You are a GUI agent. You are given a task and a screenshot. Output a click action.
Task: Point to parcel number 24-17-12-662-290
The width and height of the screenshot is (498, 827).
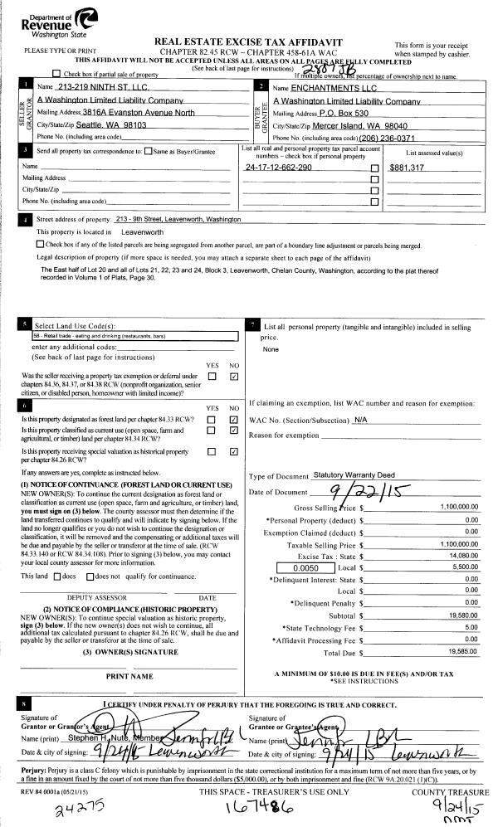coord(279,168)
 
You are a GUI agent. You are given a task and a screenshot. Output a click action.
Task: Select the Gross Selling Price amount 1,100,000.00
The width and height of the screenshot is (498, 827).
coord(455,506)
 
